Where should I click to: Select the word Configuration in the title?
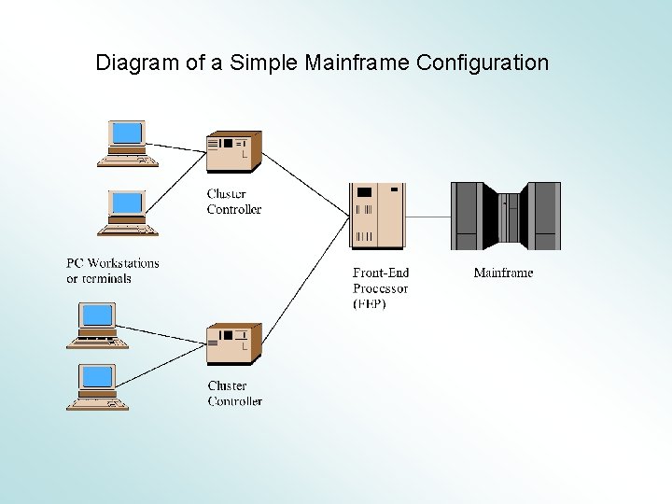pyautogui.click(x=483, y=63)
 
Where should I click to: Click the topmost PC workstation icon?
pyautogui.click(x=127, y=143)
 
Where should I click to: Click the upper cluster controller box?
pyautogui.click(x=233, y=152)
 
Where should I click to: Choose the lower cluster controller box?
pyautogui.click(x=233, y=343)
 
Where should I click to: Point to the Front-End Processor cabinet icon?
pyautogui.click(x=378, y=216)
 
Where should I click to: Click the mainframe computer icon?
pyautogui.click(x=505, y=216)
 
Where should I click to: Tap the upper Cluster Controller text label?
pyautogui.click(x=234, y=202)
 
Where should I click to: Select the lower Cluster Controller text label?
pyautogui.click(x=234, y=393)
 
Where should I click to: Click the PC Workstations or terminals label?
pyautogui.click(x=112, y=271)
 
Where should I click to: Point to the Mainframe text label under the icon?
pyautogui.click(x=503, y=273)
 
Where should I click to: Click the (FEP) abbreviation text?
pyautogui.click(x=370, y=304)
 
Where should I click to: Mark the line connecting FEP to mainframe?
pyautogui.click(x=428, y=217)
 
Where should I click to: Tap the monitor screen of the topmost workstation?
pyautogui.click(x=127, y=133)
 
